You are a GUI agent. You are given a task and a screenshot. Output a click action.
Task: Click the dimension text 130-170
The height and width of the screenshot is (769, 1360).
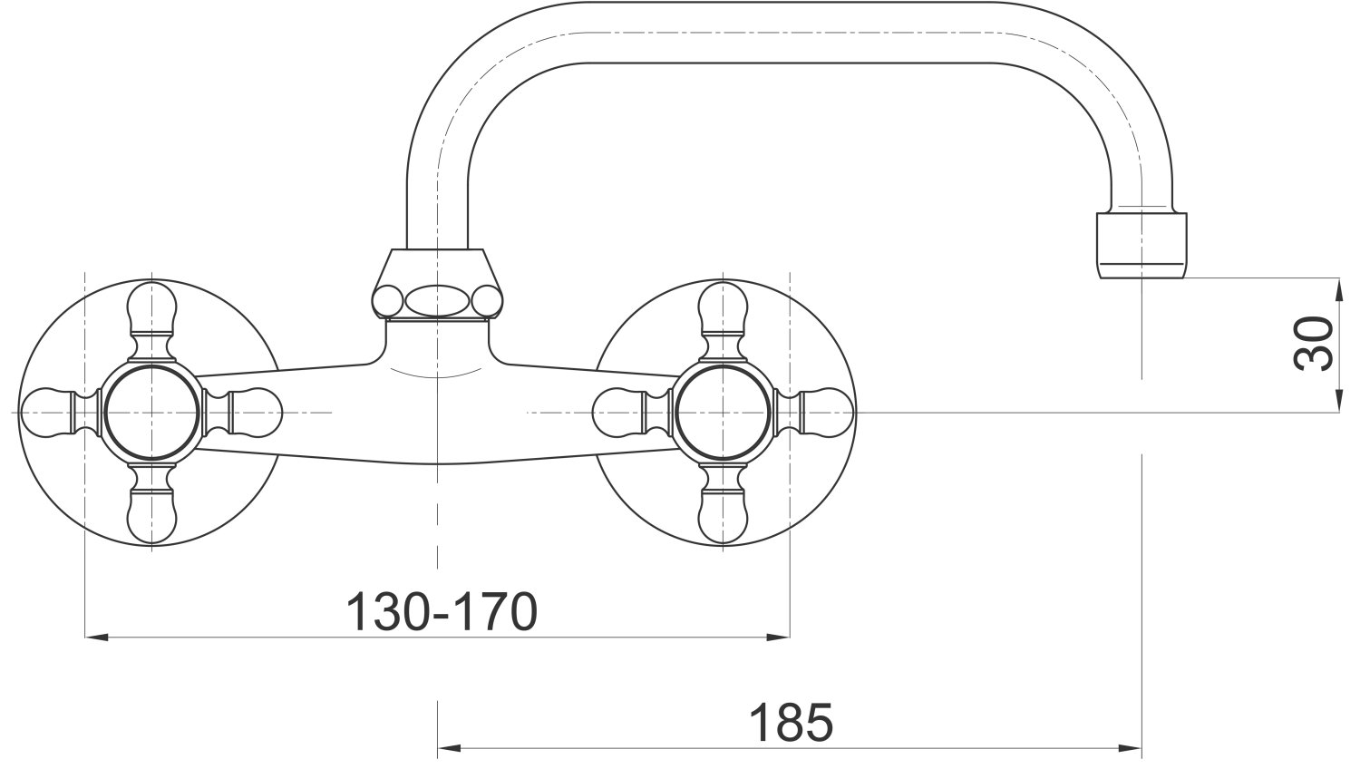click(x=442, y=611)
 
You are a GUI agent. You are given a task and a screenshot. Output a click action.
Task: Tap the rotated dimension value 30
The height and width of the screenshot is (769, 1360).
click(x=1313, y=343)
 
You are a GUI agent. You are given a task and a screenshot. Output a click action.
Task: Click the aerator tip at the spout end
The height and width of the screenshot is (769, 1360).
click(x=1141, y=246)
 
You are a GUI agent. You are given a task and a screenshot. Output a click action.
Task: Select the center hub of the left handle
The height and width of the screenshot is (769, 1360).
click(x=151, y=413)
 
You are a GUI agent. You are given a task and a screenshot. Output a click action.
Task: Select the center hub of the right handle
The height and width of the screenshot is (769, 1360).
click(x=723, y=413)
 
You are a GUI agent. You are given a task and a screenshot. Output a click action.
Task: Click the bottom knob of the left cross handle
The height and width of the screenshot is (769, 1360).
click(x=151, y=516)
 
